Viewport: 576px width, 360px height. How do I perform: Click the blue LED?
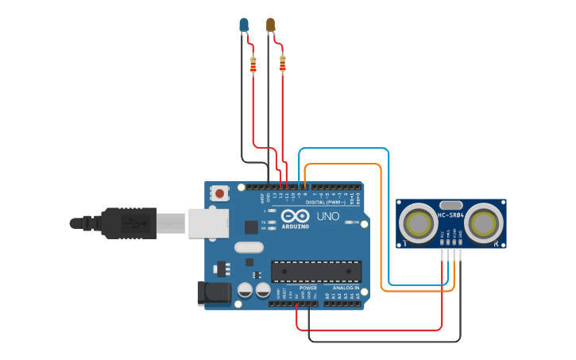pyautogui.click(x=244, y=25)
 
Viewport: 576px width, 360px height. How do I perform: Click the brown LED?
pyautogui.click(x=270, y=25)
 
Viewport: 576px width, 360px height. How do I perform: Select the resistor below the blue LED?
pyautogui.click(x=253, y=65)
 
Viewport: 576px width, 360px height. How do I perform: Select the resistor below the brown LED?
pyautogui.click(x=283, y=64)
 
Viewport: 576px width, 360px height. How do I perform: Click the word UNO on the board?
pyautogui.click(x=328, y=216)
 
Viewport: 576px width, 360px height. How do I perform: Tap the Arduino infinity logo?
pyautogui.click(x=294, y=216)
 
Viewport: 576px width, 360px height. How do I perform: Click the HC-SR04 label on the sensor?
pyautogui.click(x=450, y=215)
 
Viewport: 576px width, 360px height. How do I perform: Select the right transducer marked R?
pyautogui.click(x=484, y=223)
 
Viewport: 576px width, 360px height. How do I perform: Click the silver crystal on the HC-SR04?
pyautogui.click(x=450, y=205)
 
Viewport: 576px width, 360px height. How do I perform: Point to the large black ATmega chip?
pyautogui.click(x=315, y=271)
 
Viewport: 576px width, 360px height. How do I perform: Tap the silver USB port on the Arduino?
pyautogui.click(x=207, y=223)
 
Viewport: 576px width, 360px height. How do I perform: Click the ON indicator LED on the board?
pyautogui.click(x=350, y=223)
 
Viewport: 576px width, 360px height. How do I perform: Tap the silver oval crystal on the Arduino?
pyautogui.click(x=249, y=247)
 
